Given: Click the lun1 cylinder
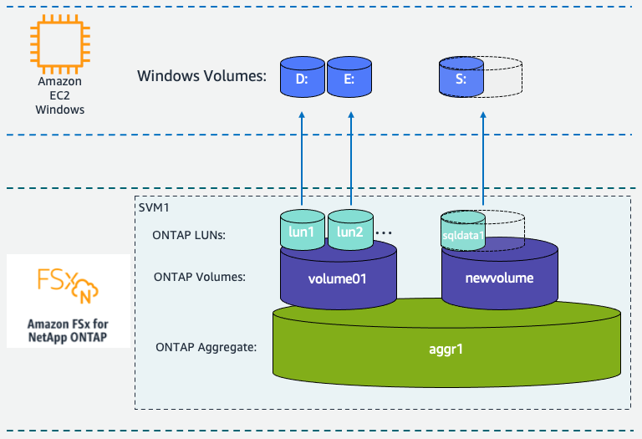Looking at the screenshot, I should click(x=301, y=230).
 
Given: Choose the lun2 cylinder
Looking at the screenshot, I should click(x=349, y=230).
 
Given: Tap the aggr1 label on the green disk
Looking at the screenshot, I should click(x=446, y=346).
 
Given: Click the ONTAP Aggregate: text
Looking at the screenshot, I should click(x=206, y=346).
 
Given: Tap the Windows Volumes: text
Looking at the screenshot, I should click(x=201, y=77).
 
